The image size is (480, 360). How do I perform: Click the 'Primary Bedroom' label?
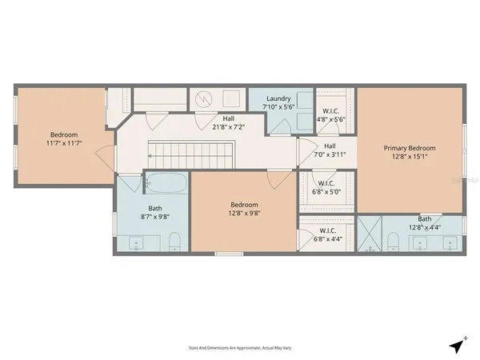(x=410, y=148)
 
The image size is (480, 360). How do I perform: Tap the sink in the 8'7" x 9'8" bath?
(x=136, y=242)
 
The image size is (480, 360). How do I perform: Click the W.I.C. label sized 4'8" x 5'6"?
(x=330, y=111)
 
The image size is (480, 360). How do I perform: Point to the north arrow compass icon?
(x=457, y=346)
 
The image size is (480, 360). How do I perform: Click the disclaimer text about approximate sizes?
(x=239, y=349)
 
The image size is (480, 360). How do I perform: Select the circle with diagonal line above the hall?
(x=204, y=98)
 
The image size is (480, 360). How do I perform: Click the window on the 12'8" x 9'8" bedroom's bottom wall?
(x=229, y=254)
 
